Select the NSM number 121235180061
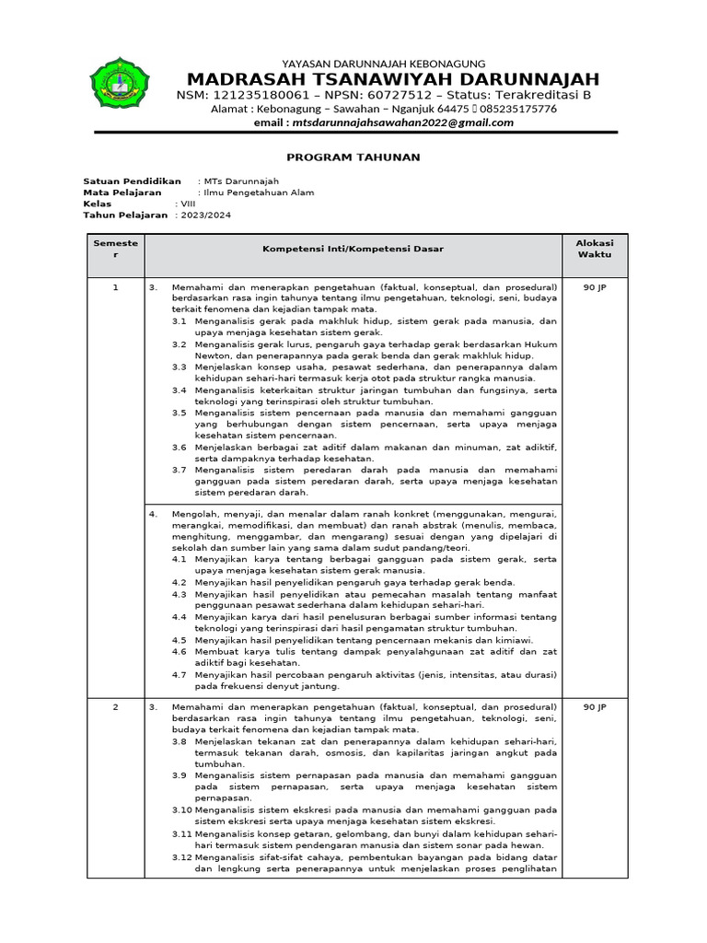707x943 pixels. [263, 95]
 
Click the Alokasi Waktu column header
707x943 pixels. [595, 249]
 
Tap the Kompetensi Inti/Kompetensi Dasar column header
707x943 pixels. [353, 250]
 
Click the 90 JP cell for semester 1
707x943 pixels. [595, 287]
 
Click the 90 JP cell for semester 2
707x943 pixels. [595, 706]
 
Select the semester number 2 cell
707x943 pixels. [115, 706]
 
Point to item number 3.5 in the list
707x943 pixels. [180, 413]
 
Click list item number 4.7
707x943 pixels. [180, 674]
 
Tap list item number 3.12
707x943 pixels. [181, 856]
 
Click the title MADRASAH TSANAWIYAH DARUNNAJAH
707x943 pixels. [393, 78]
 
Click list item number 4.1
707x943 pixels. [180, 558]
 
